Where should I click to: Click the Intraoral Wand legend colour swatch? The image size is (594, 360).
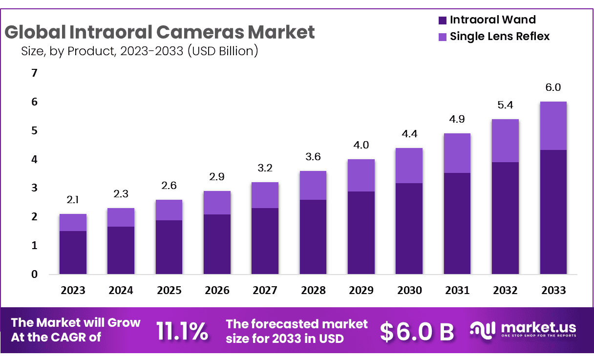(443, 21)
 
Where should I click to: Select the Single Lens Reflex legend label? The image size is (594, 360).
(500, 36)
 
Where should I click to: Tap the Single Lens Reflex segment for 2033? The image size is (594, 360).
(553, 126)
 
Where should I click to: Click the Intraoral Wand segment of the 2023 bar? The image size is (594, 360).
(73, 252)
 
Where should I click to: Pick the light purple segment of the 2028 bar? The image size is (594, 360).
(313, 185)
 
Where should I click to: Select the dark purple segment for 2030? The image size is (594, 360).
(409, 228)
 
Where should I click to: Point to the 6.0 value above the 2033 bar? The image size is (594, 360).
(553, 87)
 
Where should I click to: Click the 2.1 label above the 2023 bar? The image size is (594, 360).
(73, 200)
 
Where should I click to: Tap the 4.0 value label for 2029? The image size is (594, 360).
(361, 145)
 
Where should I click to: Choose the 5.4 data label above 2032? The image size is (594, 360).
(505, 105)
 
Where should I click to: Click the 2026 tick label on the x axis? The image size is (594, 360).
(217, 290)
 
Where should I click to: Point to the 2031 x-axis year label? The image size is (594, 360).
(457, 290)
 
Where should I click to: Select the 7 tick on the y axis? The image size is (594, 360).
(34, 73)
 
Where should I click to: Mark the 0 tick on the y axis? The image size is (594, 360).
(34, 274)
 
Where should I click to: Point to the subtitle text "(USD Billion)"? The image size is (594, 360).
(223, 50)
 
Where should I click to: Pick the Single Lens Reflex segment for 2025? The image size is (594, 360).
(169, 210)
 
